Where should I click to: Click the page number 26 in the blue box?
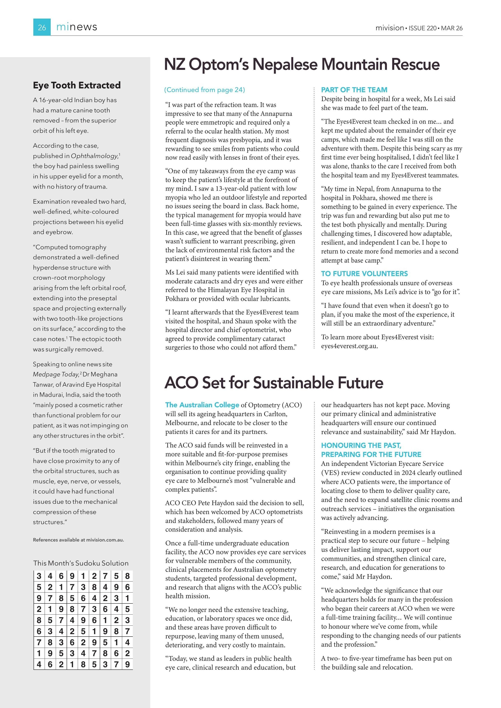click(x=42, y=28)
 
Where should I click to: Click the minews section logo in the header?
click(x=77, y=27)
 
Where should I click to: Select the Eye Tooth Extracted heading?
click(x=77, y=85)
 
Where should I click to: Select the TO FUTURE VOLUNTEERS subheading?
click(x=364, y=274)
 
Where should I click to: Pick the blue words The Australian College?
click(x=202, y=405)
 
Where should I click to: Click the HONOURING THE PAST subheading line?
click(x=361, y=445)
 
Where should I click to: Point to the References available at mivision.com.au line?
click(x=78, y=540)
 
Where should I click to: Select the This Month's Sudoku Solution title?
click(x=81, y=563)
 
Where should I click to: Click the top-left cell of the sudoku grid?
click(x=39, y=576)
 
